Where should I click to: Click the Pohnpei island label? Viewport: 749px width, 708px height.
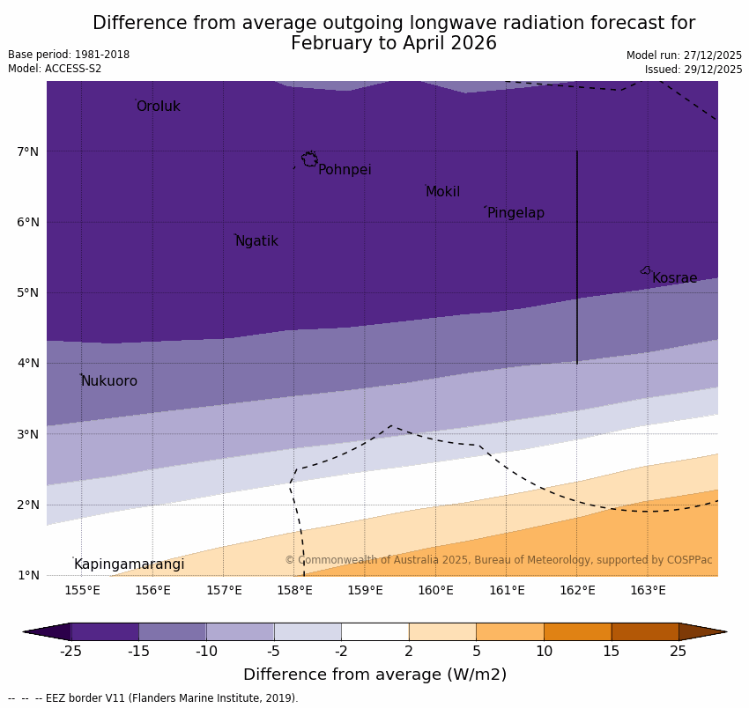pos(345,170)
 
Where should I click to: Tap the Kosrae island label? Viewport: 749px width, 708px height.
pos(674,278)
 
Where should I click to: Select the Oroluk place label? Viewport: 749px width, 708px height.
pos(158,107)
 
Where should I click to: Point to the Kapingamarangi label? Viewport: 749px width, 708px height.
pos(129,564)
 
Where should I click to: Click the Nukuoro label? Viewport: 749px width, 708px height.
pos(109,381)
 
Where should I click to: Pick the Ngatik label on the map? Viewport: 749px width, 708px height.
pos(256,241)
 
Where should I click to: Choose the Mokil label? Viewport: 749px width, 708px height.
pos(442,192)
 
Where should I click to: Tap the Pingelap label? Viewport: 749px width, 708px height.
pos(515,213)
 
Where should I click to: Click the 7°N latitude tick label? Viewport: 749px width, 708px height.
pos(28,151)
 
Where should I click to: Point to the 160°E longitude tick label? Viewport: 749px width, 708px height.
pos(435,590)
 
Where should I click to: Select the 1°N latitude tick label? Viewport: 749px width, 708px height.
pos(28,575)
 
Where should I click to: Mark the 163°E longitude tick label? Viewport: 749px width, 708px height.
pos(648,590)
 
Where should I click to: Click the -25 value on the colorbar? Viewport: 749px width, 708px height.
pos(70,652)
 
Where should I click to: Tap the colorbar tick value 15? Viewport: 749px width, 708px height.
pos(612,652)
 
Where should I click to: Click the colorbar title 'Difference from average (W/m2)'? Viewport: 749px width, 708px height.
pos(374,675)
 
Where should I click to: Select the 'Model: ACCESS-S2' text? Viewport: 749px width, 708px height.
pos(55,69)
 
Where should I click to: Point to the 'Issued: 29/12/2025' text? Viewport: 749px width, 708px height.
pos(693,70)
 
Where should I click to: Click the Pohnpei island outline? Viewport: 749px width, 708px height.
pos(309,159)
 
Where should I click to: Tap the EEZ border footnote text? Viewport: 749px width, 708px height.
pos(153,698)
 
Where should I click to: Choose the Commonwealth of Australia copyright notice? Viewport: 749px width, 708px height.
pos(498,560)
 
